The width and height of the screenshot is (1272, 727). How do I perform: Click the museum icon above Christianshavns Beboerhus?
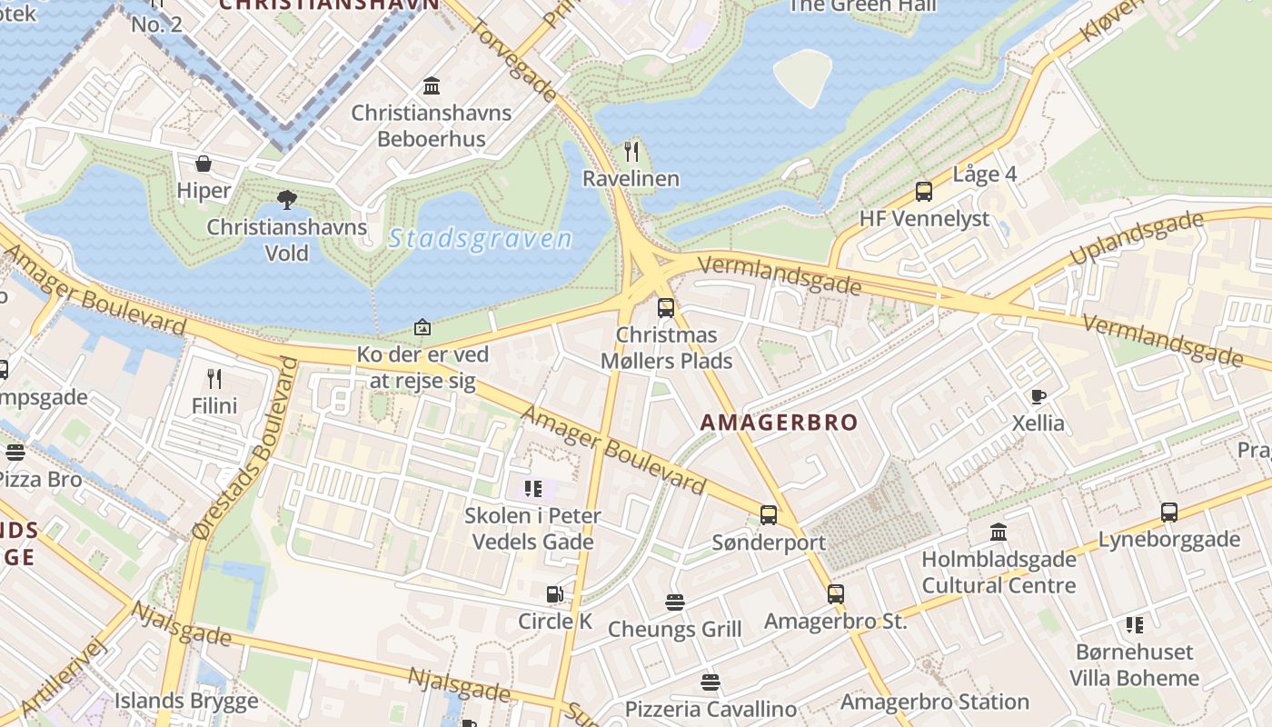pyautogui.click(x=432, y=86)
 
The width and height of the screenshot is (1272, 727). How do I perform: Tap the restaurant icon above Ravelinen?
pyautogui.click(x=631, y=151)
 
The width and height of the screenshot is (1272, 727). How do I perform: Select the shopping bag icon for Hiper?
pyautogui.click(x=204, y=164)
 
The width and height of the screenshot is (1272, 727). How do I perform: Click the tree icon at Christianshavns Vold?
pyautogui.click(x=287, y=199)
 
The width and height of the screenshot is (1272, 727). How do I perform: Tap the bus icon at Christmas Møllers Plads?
pyautogui.click(x=666, y=307)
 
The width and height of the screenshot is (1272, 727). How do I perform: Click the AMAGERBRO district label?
pyautogui.click(x=779, y=423)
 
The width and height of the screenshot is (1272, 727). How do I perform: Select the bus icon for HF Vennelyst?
pyautogui.click(x=924, y=192)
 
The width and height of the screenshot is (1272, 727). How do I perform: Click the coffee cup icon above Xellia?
pyautogui.click(x=1038, y=396)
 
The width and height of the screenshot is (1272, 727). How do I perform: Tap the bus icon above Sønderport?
pyautogui.click(x=768, y=515)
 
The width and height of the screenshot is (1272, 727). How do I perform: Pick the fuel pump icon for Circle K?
pyautogui.click(x=554, y=594)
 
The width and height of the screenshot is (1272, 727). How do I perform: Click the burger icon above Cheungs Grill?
pyautogui.click(x=674, y=602)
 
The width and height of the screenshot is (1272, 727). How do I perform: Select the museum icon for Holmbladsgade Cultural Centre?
pyautogui.click(x=999, y=532)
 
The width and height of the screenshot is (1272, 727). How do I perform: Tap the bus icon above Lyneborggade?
pyautogui.click(x=1168, y=512)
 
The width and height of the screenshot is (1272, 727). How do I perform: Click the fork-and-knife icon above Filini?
pyautogui.click(x=214, y=378)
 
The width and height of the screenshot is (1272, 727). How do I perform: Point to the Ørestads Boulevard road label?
pyautogui.click(x=245, y=450)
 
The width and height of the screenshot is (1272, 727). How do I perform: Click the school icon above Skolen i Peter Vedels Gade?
pyautogui.click(x=532, y=489)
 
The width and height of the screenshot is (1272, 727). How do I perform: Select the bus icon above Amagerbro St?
pyautogui.click(x=835, y=594)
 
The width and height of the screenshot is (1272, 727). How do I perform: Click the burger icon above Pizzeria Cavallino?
pyautogui.click(x=710, y=682)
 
